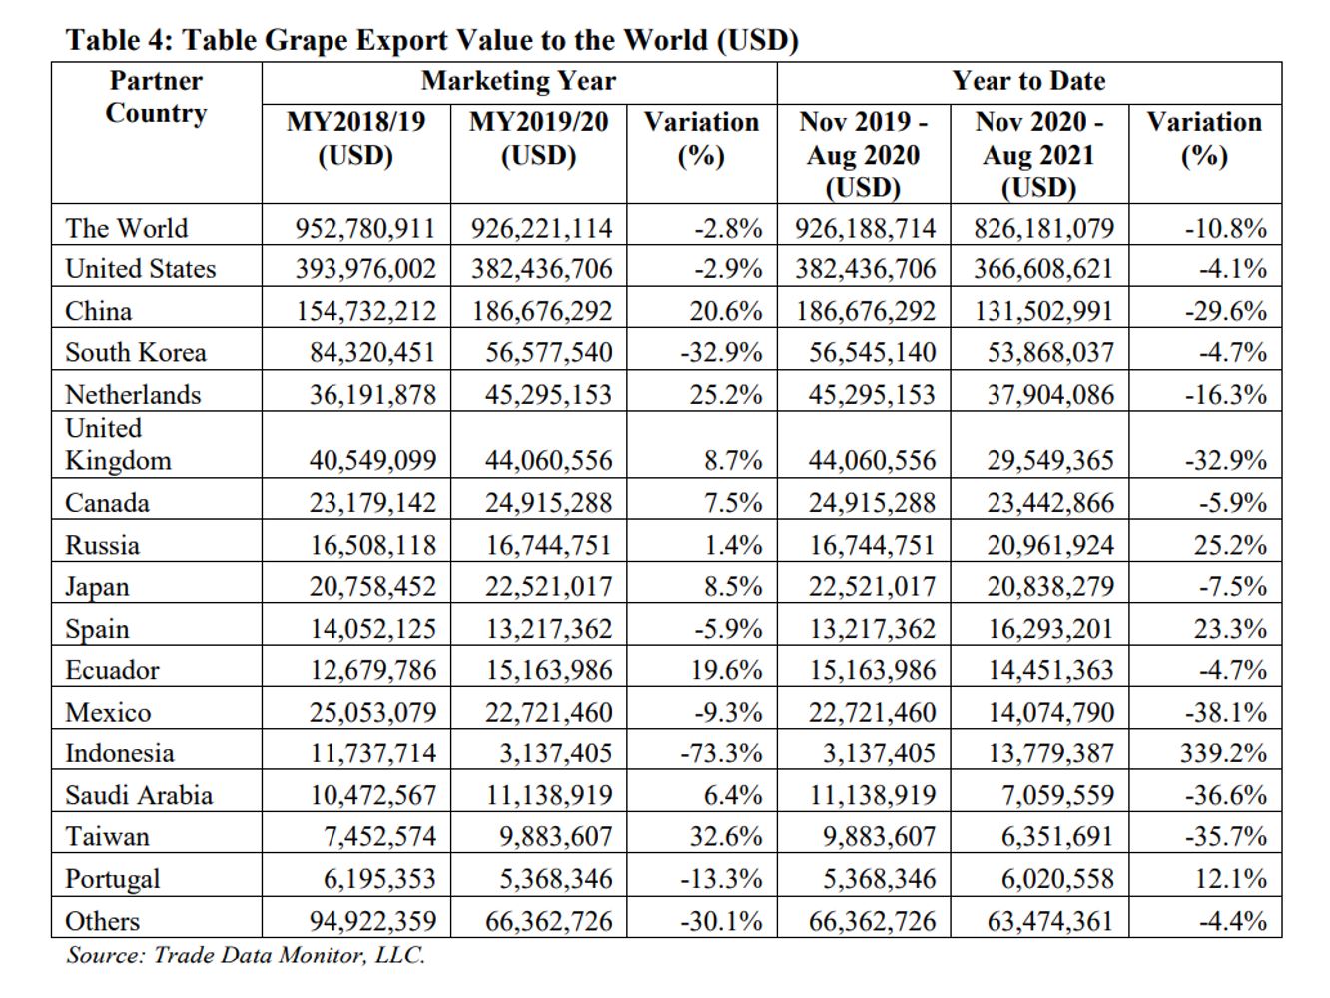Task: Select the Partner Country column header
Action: pyautogui.click(x=157, y=97)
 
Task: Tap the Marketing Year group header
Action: pyautogui.click(x=518, y=81)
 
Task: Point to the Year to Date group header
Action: pyautogui.click(x=1028, y=81)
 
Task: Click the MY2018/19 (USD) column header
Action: pyautogui.click(x=356, y=138)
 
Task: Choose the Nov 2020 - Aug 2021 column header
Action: pyautogui.click(x=1039, y=155)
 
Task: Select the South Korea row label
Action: pyautogui.click(x=136, y=353)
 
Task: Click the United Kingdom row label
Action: pyautogui.click(x=119, y=444)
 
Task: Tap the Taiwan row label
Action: pyautogui.click(x=107, y=837)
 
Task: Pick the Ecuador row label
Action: pyautogui.click(x=112, y=670)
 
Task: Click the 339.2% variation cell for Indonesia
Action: pyautogui.click(x=1223, y=753)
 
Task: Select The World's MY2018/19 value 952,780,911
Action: pyautogui.click(x=365, y=229)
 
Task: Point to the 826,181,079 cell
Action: pyautogui.click(x=1044, y=229)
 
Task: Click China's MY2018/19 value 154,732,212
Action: pyautogui.click(x=366, y=311)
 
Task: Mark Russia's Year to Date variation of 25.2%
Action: pyautogui.click(x=1230, y=545)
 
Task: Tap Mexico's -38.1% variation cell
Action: pyautogui.click(x=1226, y=712)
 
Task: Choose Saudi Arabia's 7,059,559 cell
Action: pyautogui.click(x=1058, y=795)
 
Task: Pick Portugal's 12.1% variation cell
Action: pyautogui.click(x=1230, y=878)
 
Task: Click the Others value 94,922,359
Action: pyautogui.click(x=372, y=921)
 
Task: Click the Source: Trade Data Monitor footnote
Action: pyautogui.click(x=246, y=956)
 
